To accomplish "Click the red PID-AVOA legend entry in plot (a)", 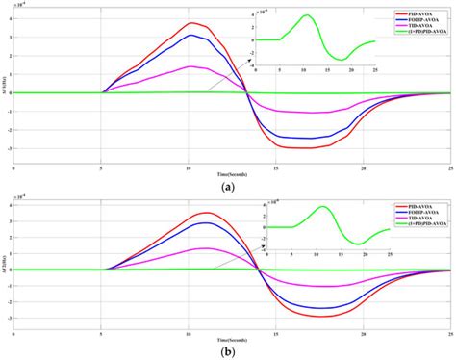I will click(419, 10).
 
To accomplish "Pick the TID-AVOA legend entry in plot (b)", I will click(419, 219).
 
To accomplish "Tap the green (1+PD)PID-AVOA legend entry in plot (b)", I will click(419, 224).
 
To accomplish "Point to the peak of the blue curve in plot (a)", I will click(192, 36).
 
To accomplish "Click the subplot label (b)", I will click(227, 352).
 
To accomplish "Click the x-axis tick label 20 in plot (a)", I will click(364, 166).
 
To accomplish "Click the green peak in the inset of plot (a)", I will click(308, 15).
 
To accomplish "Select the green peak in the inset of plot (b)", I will click(323, 207).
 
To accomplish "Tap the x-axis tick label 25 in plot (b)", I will click(450, 334).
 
